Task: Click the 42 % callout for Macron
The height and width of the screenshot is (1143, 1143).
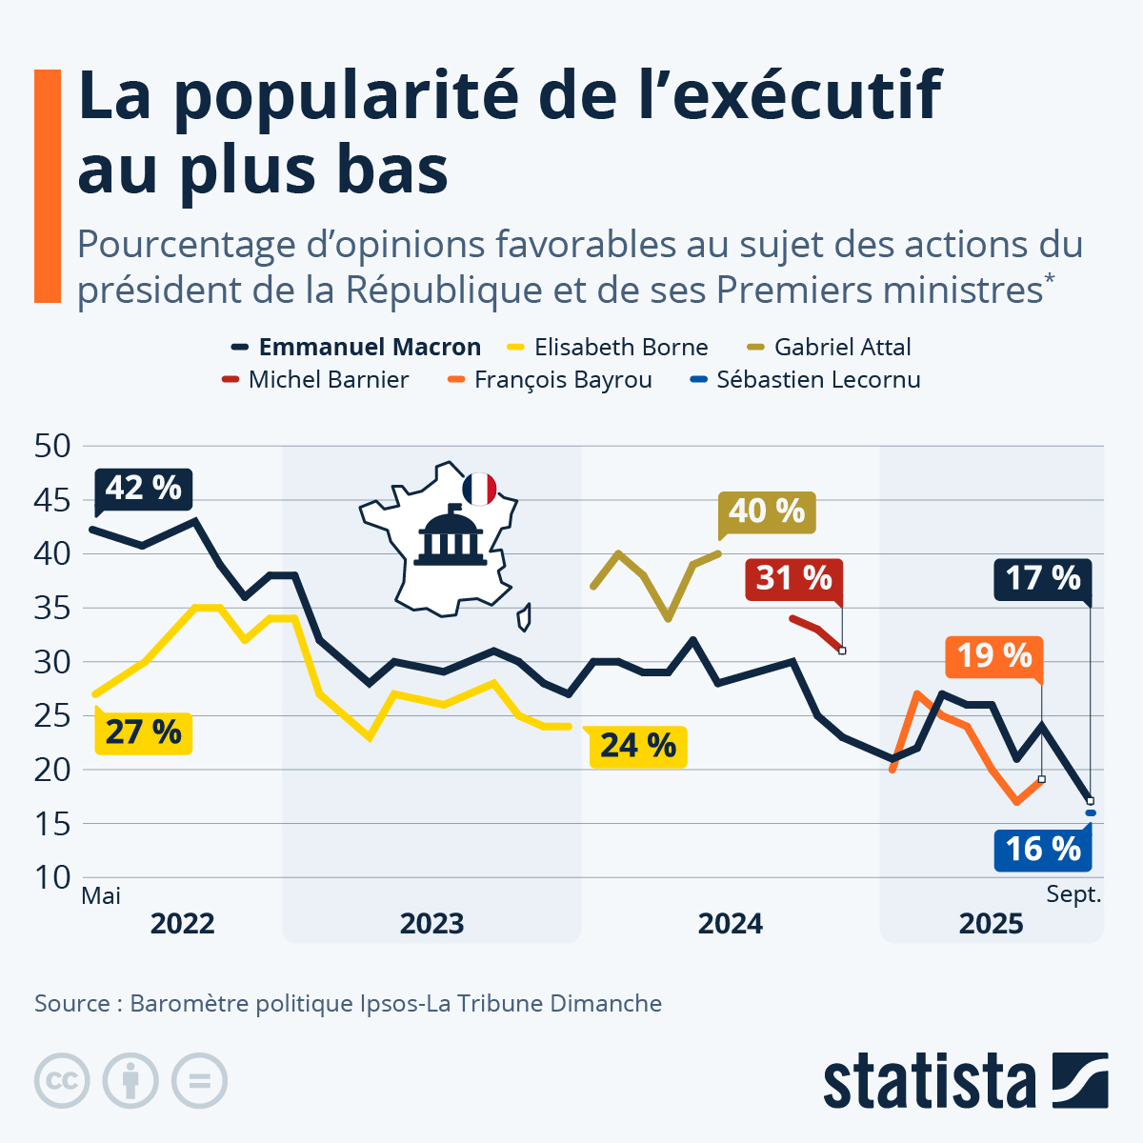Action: point(143,489)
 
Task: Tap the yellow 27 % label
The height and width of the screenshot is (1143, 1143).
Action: point(143,732)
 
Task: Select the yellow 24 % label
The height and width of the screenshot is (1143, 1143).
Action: point(637,745)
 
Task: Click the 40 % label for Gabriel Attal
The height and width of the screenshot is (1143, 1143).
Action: point(767,511)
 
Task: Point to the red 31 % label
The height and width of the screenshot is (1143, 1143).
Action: point(793,578)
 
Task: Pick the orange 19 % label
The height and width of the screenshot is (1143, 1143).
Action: point(993,656)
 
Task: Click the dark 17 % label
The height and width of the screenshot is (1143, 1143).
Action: point(1043,578)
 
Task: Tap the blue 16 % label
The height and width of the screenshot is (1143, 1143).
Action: point(1043,849)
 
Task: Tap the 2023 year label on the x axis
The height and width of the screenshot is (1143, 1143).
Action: point(431,924)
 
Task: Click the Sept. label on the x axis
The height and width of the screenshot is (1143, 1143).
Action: point(1073,894)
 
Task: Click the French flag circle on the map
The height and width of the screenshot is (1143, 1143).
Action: point(479,489)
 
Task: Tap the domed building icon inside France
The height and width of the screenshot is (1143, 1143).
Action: point(448,537)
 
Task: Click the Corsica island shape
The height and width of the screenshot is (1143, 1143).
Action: point(524,617)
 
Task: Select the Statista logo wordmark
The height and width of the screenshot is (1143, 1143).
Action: point(930,1082)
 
